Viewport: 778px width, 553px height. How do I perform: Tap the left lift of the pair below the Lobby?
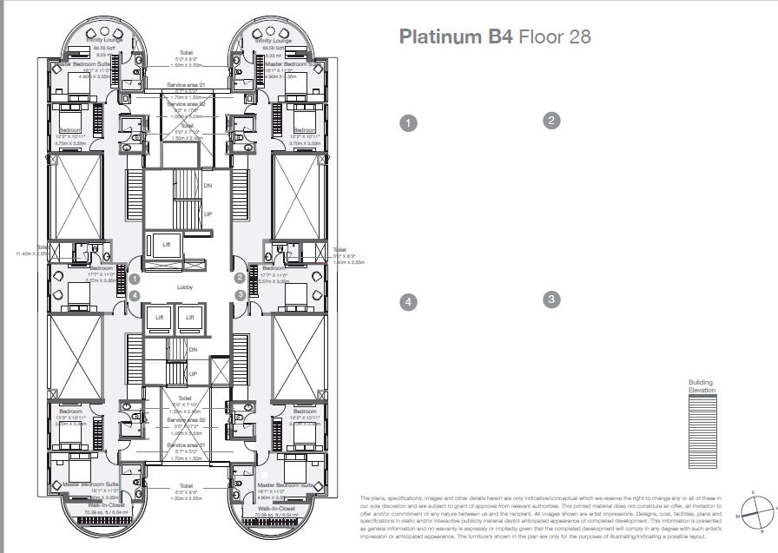click(x=160, y=319)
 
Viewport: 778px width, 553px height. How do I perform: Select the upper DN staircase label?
click(x=208, y=185)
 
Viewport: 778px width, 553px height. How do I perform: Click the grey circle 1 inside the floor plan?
click(x=135, y=279)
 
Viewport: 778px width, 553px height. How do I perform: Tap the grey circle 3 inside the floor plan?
click(x=240, y=295)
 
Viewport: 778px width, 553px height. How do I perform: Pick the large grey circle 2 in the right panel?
click(x=551, y=122)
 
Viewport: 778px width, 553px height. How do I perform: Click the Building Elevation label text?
click(x=702, y=386)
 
